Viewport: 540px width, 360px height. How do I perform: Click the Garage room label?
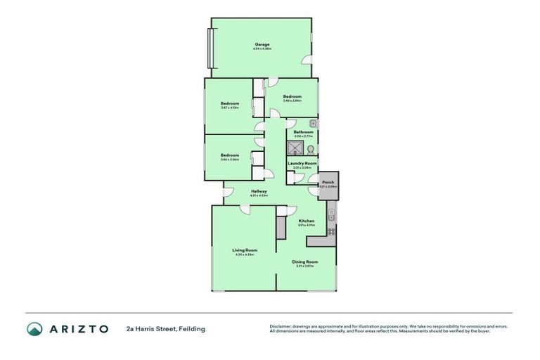click(x=262, y=44)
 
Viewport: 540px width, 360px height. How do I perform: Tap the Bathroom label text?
click(x=303, y=131)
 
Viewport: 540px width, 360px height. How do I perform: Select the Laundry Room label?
click(x=302, y=163)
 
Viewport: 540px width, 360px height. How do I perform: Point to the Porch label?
click(x=328, y=182)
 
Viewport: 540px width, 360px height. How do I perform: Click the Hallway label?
click(x=259, y=191)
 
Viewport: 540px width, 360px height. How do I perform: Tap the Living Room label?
click(x=245, y=250)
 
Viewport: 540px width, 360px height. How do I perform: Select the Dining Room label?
click(x=304, y=262)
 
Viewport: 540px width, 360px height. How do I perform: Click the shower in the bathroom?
click(x=295, y=148)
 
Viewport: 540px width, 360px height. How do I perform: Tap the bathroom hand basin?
click(x=313, y=124)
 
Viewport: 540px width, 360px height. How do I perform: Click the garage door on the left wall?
click(x=209, y=49)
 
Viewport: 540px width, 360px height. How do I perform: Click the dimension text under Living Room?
click(x=245, y=255)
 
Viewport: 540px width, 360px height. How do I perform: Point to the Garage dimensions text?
click(x=262, y=49)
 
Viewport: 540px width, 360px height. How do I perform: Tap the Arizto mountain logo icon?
click(x=34, y=328)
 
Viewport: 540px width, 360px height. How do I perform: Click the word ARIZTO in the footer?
click(x=78, y=328)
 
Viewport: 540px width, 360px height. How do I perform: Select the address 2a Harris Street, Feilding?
click(x=166, y=328)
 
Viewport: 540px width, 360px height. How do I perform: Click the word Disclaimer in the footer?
click(x=281, y=326)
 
